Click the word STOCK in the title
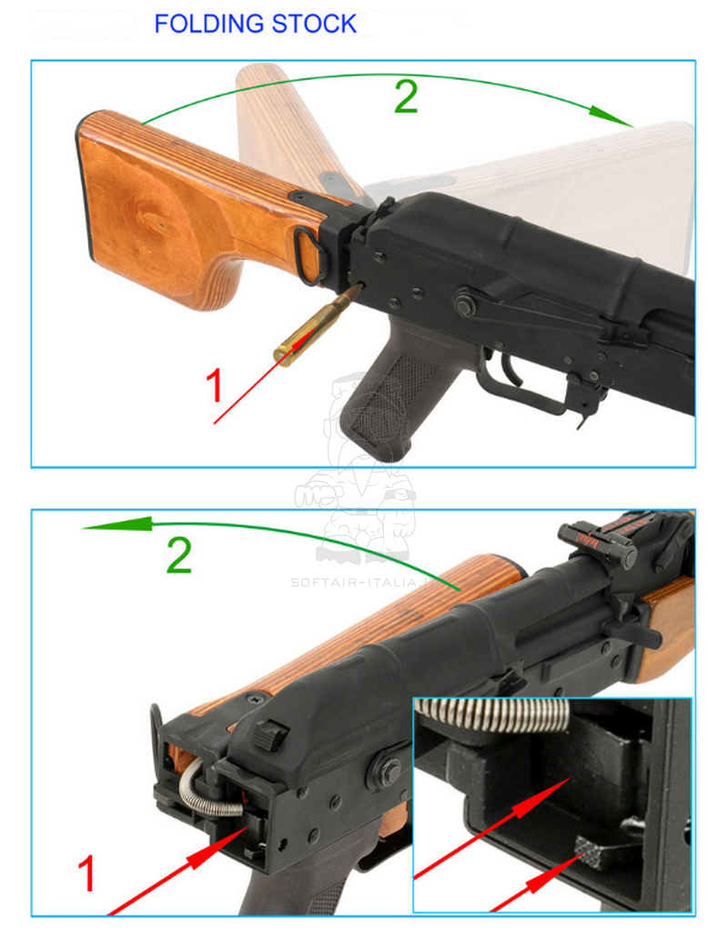coord(315,24)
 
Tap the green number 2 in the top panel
coord(405,97)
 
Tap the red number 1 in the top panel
coord(214,385)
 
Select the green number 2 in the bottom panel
coord(178,555)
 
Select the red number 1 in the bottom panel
coord(86,875)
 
